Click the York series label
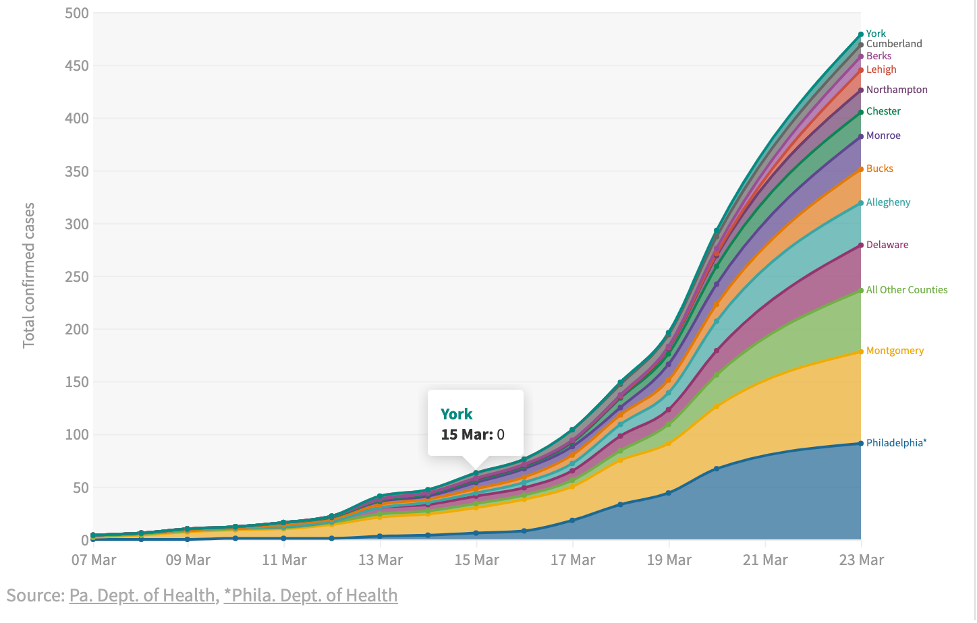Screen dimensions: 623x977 [876, 34]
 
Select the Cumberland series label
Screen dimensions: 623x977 [894, 44]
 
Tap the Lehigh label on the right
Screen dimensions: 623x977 [881, 69]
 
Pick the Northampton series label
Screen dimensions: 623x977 [897, 90]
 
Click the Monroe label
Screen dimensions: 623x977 [883, 136]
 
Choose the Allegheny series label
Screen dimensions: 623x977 [888, 202]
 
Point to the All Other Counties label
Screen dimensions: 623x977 [907, 290]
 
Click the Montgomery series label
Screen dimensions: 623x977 [895, 351]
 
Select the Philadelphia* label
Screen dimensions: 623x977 [896, 443]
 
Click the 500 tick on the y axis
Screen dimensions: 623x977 [76, 13]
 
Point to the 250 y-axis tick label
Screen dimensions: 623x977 [76, 276]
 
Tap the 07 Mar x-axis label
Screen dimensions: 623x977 [94, 560]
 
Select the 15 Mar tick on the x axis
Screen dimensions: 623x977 [476, 560]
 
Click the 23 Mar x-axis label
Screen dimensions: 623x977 [861, 560]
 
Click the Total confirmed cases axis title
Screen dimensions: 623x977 [28, 275]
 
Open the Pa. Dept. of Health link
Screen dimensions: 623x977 [142, 595]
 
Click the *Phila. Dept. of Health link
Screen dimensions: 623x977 [310, 595]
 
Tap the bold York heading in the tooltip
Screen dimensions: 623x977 [456, 414]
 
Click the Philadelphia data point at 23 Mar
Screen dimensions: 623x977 [861, 443]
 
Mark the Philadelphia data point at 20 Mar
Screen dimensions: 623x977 [717, 469]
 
